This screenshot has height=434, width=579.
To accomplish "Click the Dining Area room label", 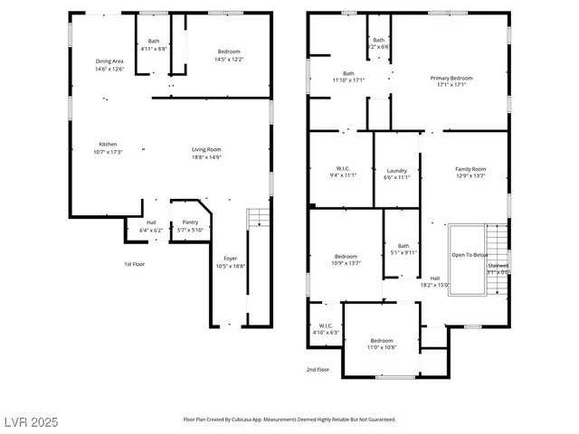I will coord(109,61).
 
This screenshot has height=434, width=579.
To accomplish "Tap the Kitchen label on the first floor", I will coord(108,145).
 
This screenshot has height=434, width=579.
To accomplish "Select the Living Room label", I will coord(206,149).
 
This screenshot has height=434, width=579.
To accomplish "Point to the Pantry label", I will coord(190,222).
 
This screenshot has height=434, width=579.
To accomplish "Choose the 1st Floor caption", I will coord(135,264).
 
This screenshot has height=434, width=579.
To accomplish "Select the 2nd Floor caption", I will coord(318,369).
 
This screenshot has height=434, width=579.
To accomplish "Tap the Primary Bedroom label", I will coord(451,79).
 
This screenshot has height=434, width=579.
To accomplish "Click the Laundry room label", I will coord(396,170).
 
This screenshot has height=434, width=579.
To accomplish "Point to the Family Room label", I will coord(470,169).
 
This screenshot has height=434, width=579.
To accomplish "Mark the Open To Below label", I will coord(470,255).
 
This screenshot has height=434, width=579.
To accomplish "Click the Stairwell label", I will coord(498,266).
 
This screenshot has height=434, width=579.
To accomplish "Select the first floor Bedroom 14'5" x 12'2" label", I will coord(229,52).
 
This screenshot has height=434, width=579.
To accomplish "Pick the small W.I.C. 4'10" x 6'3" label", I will coord(326,327).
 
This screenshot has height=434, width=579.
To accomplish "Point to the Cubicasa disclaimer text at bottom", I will coord(289,420).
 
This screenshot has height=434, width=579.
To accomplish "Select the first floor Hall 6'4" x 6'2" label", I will coord(151,225).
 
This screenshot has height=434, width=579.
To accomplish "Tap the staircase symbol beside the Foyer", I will coord(259,217).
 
